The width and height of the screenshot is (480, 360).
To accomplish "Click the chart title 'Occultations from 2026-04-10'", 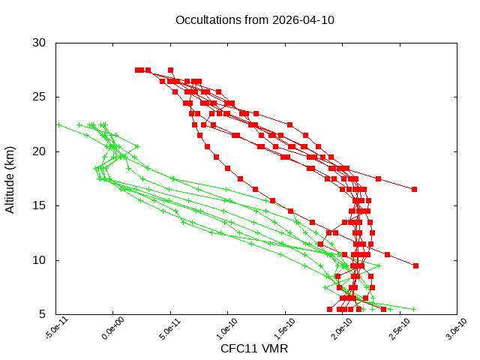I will click(x=254, y=19).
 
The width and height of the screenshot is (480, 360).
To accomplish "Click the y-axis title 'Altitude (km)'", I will click(x=10, y=178).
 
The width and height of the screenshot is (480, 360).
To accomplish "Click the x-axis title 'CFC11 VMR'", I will click(x=254, y=348).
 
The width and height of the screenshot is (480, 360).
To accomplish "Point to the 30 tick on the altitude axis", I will click(x=40, y=43).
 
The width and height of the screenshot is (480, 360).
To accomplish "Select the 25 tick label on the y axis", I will click(x=40, y=97).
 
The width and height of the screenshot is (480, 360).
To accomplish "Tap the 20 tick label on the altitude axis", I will click(x=40, y=151).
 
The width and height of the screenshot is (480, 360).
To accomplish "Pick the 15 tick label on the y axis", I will click(x=40, y=205).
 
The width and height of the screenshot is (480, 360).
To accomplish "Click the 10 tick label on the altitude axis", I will click(x=40, y=260).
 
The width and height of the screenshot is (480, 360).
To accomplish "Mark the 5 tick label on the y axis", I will click(x=43, y=314).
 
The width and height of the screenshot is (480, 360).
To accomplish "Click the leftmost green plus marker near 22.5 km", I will click(x=58, y=124).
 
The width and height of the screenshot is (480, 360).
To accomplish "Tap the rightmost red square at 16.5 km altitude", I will click(x=414, y=189).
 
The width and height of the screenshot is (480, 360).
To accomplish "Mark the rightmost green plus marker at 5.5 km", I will click(x=413, y=309).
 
